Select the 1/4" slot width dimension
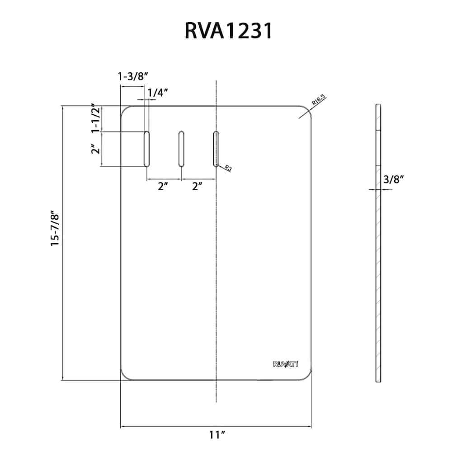158,92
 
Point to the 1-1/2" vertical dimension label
95,119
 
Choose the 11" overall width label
217,435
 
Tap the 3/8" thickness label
393,179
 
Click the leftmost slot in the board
146,149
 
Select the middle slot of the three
181,149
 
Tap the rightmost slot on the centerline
216,149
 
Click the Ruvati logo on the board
286,365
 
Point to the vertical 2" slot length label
94,149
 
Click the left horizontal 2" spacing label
163,186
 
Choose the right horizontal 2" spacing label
197,186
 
